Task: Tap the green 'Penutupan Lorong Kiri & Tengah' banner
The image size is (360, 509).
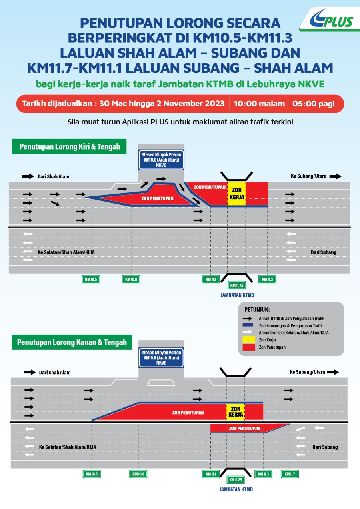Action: point(69,146)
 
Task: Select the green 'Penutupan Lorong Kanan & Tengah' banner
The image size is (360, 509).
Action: point(72,342)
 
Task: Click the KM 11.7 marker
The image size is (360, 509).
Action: point(290,474)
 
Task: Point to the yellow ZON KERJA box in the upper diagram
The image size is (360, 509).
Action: point(236,193)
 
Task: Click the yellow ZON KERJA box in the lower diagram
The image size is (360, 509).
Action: point(236,411)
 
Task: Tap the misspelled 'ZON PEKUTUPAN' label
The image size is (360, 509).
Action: point(244,428)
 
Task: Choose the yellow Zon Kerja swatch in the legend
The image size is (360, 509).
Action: point(249,340)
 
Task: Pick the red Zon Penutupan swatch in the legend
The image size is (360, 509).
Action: point(249,347)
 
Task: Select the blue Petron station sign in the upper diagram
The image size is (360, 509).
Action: point(161,160)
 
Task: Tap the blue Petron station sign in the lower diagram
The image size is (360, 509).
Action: point(161,358)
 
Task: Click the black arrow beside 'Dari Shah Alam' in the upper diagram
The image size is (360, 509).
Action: point(28,176)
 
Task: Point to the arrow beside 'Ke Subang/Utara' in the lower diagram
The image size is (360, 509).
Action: point(333,372)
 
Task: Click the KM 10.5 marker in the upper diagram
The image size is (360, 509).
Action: point(91,279)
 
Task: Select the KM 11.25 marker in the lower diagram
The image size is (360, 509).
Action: point(236,480)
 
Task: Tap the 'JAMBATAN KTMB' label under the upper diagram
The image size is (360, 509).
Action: point(237,295)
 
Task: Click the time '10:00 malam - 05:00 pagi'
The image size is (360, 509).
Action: point(284,104)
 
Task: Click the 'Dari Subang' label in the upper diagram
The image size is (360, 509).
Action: point(324,252)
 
